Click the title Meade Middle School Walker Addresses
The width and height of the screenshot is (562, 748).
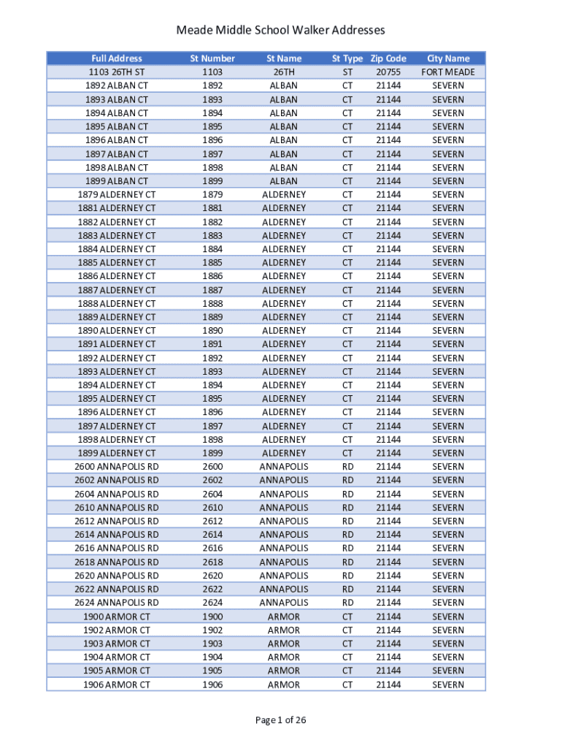280,30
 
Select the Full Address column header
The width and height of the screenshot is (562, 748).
117,58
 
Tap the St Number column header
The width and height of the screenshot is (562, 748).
212,58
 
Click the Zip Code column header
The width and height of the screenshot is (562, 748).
388,58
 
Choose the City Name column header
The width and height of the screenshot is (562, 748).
448,58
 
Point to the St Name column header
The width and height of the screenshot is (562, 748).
284,58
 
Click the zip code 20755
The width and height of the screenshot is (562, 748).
388,72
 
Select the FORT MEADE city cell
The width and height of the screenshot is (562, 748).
448,72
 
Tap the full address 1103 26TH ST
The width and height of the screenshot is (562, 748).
117,72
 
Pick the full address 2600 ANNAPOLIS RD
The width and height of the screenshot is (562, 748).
117,467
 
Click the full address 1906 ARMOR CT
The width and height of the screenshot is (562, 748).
117,684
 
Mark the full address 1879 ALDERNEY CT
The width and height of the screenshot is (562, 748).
117,194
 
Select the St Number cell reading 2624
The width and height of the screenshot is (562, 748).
212,603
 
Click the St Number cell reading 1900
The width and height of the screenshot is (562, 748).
212,617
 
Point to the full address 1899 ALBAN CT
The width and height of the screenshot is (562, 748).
117,181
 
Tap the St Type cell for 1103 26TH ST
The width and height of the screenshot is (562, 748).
347,72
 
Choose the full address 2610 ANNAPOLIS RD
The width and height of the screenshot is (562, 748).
117,508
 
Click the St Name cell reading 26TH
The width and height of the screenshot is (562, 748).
284,72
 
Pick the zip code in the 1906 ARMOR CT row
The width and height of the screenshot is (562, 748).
388,684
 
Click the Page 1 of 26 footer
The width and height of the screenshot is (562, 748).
280,720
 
